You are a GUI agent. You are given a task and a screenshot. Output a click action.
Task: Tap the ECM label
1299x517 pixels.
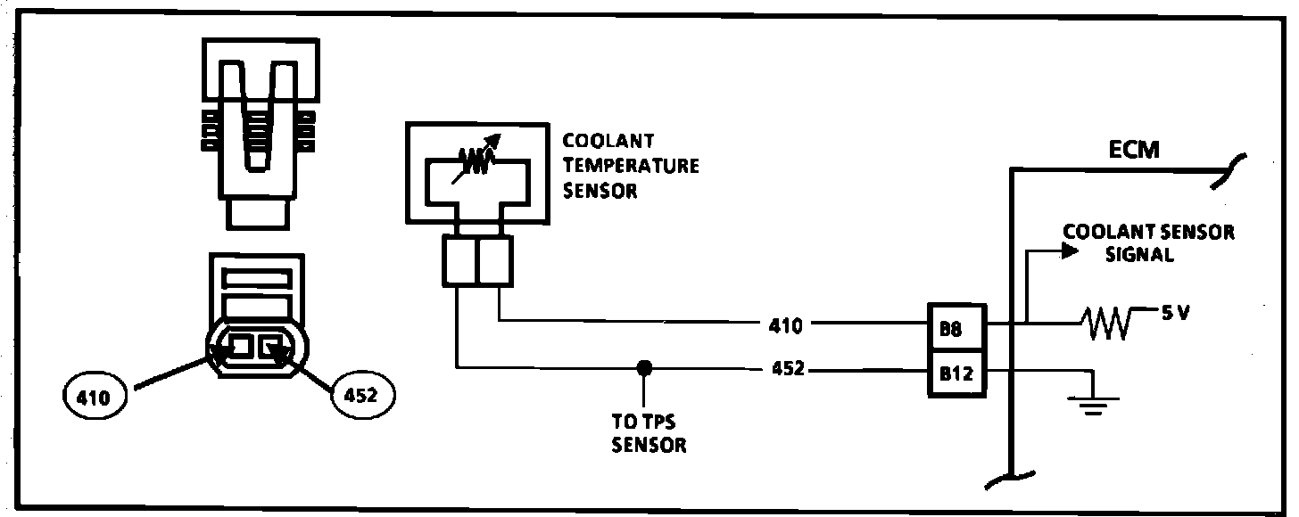[1135, 149]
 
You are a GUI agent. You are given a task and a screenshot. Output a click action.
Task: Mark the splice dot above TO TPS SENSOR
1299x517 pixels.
[642, 367]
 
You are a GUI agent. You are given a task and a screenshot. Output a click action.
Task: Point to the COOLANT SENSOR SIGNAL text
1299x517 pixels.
[1149, 242]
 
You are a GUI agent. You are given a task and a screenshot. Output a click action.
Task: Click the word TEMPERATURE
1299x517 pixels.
[631, 166]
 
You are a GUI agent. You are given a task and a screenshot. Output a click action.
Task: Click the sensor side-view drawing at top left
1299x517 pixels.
[258, 134]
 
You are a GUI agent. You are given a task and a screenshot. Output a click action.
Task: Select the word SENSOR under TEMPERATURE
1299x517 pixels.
[600, 191]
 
